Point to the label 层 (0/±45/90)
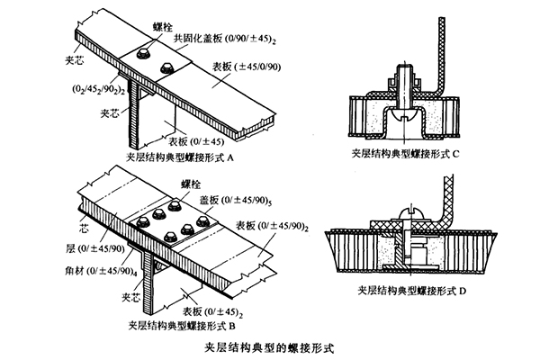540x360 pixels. point(84,246)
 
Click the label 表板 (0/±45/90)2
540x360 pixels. point(273,225)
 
